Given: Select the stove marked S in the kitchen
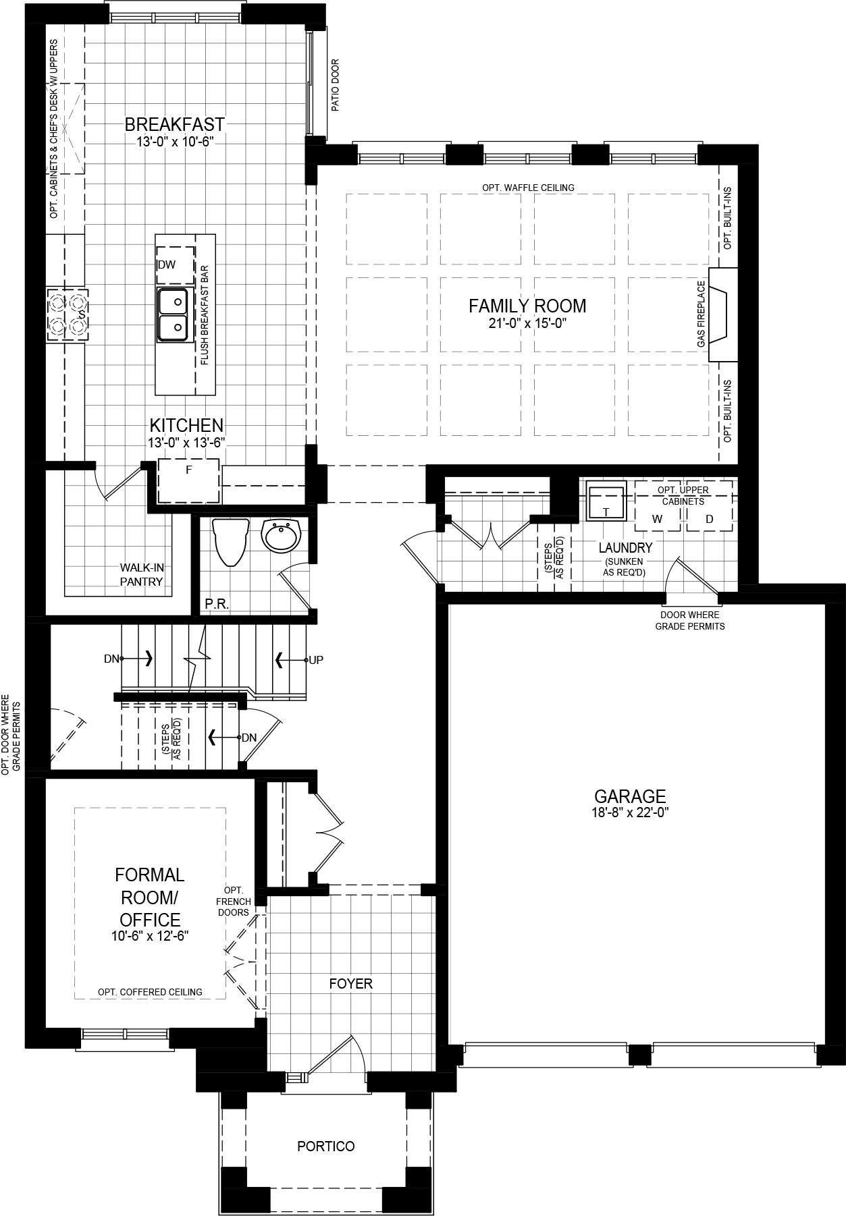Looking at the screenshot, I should click(68, 314).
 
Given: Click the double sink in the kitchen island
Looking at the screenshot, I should click(173, 314).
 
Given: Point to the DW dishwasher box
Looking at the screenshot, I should click(175, 264).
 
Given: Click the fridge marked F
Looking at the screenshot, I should click(188, 480).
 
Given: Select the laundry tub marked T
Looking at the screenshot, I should click(606, 502).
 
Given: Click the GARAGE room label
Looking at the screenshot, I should click(629, 796).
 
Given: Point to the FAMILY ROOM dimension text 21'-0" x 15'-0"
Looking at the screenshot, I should click(527, 323).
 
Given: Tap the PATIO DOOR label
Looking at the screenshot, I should click(336, 85).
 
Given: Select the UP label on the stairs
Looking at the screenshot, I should click(316, 659).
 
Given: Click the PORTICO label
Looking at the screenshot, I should click(326, 1146).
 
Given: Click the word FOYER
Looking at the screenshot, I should click(350, 983).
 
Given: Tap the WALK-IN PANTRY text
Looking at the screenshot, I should click(142, 574).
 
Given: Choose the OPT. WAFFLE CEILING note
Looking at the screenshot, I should click(528, 188).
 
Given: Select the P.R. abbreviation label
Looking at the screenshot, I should click(217, 604).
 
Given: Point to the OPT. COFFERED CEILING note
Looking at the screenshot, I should click(150, 991).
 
